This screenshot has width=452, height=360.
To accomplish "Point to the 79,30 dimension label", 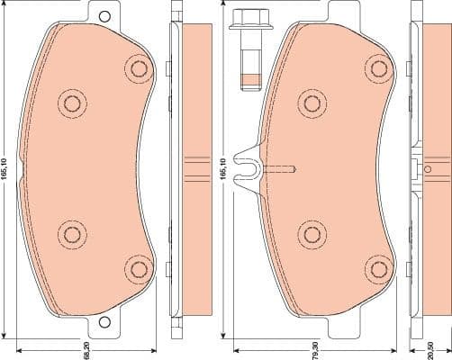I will pyautogui.click(x=315, y=347).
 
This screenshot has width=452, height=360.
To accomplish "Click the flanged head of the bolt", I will pyautogui.click(x=247, y=20).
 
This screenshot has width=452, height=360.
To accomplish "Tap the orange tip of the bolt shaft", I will pyautogui.click(x=248, y=78).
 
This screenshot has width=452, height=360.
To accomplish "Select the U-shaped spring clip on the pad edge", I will pyautogui.click(x=246, y=166).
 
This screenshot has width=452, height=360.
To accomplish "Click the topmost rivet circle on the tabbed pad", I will pyautogui.click(x=138, y=67).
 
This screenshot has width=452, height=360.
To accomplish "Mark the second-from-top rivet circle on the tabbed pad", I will pyautogui.click(x=71, y=103).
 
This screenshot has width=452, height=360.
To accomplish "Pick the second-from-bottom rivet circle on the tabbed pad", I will pyautogui.click(x=71, y=234).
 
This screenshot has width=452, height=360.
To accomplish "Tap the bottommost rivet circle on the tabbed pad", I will pyautogui.click(x=138, y=267).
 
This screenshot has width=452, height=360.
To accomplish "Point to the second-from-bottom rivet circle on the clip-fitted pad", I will pyautogui.click(x=312, y=234).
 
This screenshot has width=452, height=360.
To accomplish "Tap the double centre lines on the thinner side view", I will pyautogui.click(x=195, y=165).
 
